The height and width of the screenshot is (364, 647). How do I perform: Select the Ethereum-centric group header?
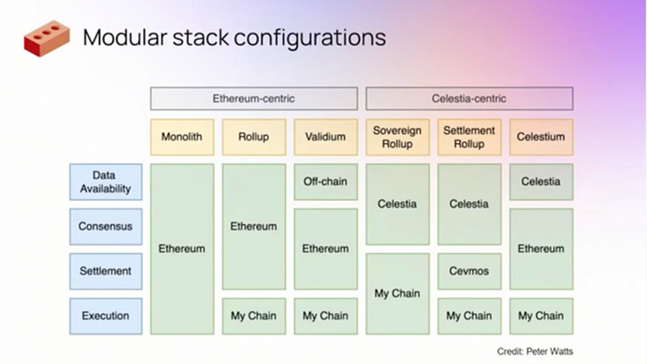[x=253, y=99]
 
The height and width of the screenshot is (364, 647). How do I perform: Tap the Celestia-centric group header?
[x=469, y=99]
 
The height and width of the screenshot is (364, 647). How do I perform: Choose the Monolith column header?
[x=182, y=137]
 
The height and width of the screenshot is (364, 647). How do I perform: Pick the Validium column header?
[x=325, y=137]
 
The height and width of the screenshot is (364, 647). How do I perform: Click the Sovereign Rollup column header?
[x=397, y=137]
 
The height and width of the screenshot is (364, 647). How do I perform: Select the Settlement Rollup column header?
[x=469, y=137]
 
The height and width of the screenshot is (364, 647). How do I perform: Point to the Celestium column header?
[x=541, y=137]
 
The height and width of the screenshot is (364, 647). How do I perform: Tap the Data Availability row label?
[x=106, y=182]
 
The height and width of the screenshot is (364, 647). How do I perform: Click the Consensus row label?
[x=106, y=226]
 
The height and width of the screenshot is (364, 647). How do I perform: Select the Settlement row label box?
[x=106, y=271]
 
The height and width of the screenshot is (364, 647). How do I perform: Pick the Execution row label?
[x=106, y=316]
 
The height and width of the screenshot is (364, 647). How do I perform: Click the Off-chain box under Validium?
[x=325, y=182]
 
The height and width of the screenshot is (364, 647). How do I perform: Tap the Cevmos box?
[x=469, y=271]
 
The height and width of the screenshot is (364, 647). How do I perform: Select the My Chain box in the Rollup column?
[x=253, y=316]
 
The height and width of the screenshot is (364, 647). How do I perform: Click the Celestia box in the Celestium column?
[x=541, y=182]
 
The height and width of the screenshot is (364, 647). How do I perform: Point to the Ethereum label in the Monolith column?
[x=182, y=249]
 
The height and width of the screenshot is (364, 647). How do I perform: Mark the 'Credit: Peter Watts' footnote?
[x=535, y=351]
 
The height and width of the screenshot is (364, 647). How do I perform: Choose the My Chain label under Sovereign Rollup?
[x=397, y=293]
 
